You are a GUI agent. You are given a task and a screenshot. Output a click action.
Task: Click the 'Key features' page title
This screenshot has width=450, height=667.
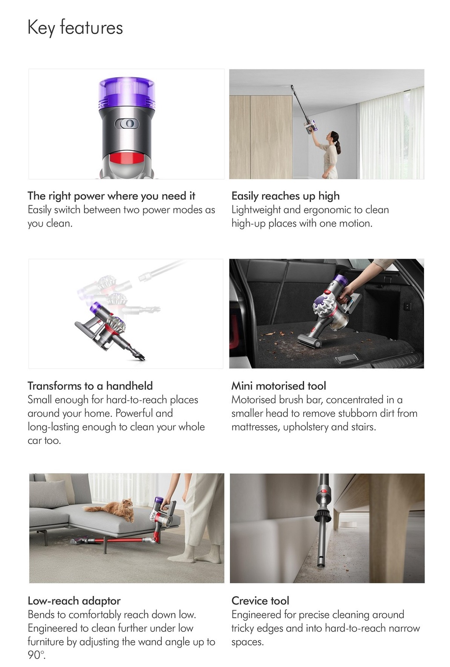[x=75, y=28]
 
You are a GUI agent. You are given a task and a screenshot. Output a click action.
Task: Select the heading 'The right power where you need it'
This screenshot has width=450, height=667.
[x=112, y=196]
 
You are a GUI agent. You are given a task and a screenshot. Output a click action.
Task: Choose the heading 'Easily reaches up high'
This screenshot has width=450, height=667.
[x=286, y=196]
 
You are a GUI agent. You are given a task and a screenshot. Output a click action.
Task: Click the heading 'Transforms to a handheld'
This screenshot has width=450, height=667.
[x=90, y=386]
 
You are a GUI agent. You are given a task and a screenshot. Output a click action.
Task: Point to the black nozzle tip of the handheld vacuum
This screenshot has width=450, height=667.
[x=138, y=355]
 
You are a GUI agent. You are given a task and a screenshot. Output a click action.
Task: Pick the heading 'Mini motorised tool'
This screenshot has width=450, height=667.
[x=279, y=386]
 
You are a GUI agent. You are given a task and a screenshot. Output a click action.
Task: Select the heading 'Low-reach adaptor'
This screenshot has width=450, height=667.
[x=74, y=601]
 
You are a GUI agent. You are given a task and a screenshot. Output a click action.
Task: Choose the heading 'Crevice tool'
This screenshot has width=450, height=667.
[x=260, y=601]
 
